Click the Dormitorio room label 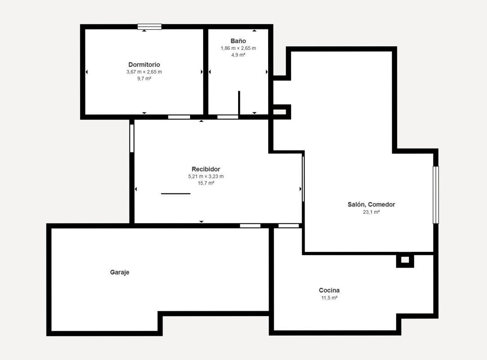coord(144,65)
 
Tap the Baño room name coord(238,41)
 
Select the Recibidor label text coord(206,169)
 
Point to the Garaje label coord(120,272)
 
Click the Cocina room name coord(329,290)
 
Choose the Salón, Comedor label coord(372,205)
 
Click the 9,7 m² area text coord(144,79)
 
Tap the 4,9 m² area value coord(238,55)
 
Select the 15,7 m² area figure coord(206,183)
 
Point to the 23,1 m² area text coord(372,212)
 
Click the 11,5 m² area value coord(329,298)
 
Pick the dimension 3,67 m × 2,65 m coord(144,72)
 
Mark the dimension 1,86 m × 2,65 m coord(238,48)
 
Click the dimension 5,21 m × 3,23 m coord(206,176)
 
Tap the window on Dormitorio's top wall coord(150,26)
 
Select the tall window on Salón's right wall coord(436,195)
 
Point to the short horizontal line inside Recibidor coord(176,193)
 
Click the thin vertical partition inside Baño coord(239,103)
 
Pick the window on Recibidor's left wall coord(132,138)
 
